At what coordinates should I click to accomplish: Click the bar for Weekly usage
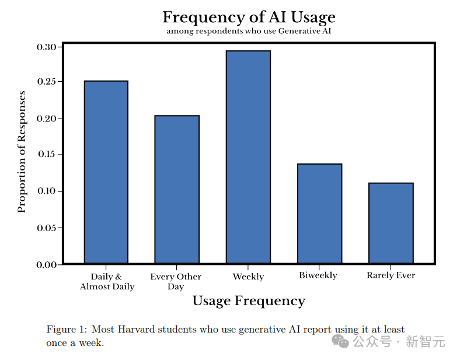click(248, 157)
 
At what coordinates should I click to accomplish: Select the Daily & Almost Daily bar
click(106, 172)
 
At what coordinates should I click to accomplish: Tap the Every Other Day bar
click(177, 189)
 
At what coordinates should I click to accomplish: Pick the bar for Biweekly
click(319, 214)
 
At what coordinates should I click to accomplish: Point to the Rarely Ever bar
click(391, 223)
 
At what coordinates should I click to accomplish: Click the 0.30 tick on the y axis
click(47, 47)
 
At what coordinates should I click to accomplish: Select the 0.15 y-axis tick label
click(47, 155)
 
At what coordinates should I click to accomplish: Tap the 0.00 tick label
click(47, 265)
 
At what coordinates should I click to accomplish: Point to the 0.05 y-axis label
click(47, 228)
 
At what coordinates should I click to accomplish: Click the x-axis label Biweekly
click(318, 275)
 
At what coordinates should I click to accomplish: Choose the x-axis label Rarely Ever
click(391, 275)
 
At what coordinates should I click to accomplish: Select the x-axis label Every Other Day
click(176, 281)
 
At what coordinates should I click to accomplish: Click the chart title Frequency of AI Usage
click(249, 17)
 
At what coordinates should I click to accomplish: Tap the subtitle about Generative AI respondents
click(249, 31)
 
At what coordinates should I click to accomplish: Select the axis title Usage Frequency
click(249, 301)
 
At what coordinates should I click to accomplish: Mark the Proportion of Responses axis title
click(22, 152)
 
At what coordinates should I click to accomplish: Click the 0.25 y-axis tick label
click(47, 82)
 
